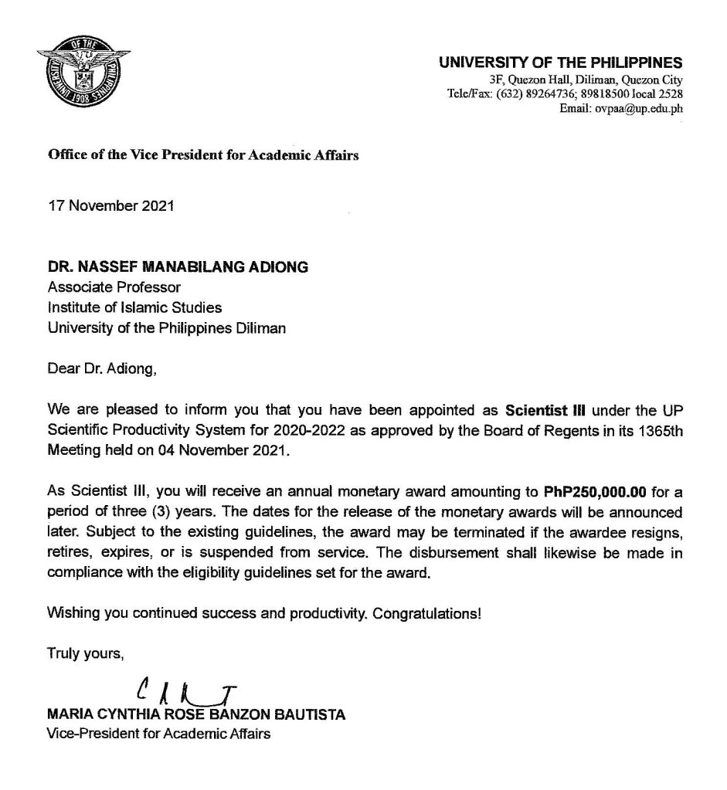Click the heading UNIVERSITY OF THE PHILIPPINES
point(560,63)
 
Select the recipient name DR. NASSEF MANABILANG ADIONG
point(178,268)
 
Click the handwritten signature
point(185,690)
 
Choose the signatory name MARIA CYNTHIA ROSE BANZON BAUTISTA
point(196,715)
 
